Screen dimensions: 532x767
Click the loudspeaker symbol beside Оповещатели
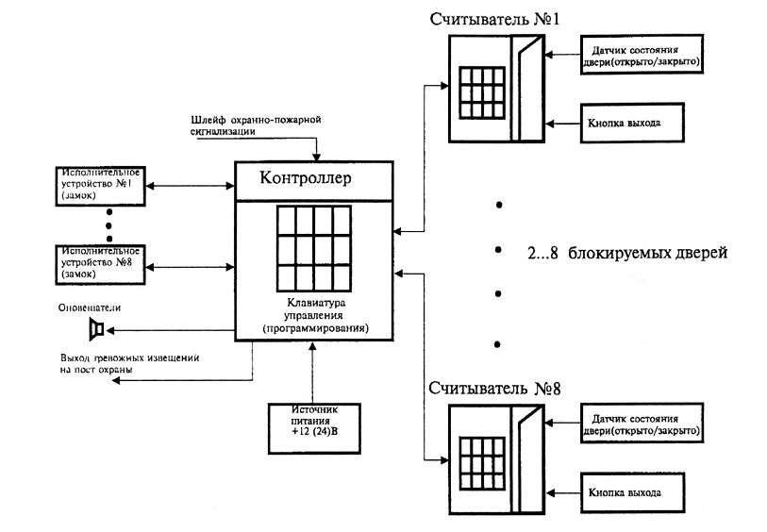click(x=95, y=329)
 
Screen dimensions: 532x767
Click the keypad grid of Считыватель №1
click(x=479, y=91)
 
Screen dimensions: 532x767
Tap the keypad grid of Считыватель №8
click(x=479, y=458)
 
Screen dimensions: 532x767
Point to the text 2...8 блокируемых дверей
click(x=627, y=255)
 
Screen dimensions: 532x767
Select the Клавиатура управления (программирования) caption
click(x=315, y=315)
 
